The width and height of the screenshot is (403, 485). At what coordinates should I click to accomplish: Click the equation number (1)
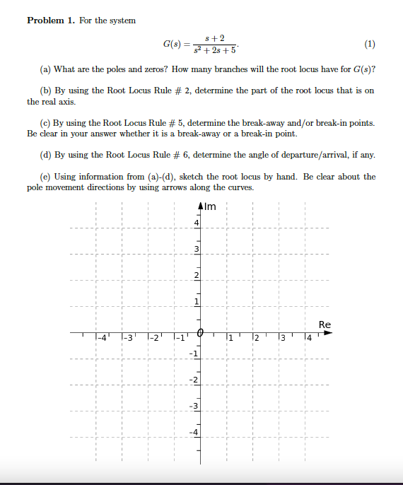point(370,45)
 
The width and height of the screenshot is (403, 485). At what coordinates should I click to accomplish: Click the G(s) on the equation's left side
point(173,45)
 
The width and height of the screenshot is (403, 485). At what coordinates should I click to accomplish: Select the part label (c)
point(47,122)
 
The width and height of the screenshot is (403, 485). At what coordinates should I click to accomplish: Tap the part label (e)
point(47,177)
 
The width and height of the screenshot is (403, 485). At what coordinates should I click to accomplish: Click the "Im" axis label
point(210,207)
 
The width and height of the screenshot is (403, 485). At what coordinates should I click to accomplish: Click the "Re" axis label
point(325,325)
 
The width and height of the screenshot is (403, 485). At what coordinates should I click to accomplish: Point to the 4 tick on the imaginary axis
point(197,223)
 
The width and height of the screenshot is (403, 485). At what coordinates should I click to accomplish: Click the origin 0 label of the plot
point(200,333)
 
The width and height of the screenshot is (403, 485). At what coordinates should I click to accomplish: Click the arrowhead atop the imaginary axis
point(200,207)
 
